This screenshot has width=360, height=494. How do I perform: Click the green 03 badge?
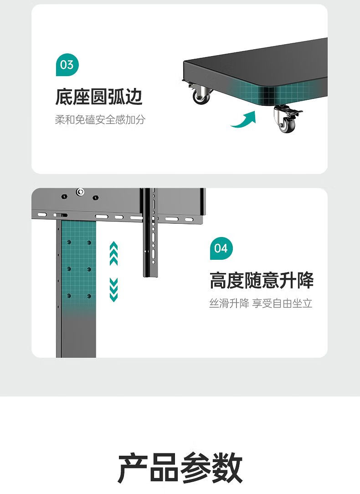67,65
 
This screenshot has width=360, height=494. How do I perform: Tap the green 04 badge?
221,248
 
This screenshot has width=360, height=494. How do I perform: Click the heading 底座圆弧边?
99,97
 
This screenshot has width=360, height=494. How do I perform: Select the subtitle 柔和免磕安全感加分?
100,120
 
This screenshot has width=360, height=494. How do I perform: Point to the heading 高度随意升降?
262,280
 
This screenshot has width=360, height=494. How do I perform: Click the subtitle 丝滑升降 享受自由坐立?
261,304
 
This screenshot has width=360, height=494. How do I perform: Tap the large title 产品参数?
180,468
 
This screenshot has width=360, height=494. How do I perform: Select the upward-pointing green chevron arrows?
114,253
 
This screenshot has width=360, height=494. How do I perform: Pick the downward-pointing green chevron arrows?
114,290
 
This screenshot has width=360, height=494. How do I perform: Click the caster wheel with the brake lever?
287,119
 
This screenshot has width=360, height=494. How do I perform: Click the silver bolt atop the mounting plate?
80,191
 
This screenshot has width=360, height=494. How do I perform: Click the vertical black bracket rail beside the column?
149,232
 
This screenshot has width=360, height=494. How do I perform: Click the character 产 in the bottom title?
133,468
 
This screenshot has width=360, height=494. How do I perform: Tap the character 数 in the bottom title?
227,468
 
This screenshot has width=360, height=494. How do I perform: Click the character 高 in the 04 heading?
218,280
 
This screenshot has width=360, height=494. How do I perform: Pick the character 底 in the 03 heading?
64,97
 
